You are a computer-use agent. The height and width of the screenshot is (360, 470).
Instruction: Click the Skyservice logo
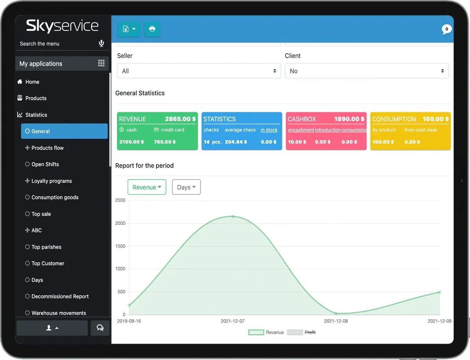[x=62, y=26]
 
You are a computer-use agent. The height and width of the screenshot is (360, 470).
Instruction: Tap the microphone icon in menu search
[x=101, y=43]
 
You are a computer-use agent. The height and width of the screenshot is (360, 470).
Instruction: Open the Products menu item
[x=36, y=98]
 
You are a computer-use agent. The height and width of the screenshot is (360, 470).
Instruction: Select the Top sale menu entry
[x=41, y=214]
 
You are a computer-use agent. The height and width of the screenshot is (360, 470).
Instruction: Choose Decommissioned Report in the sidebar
[x=60, y=297]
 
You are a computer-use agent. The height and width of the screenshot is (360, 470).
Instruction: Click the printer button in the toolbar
[x=152, y=29]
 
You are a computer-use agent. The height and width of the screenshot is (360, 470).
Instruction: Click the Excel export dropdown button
[x=129, y=29]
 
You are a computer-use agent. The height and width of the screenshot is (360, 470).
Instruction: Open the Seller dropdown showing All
[x=199, y=71]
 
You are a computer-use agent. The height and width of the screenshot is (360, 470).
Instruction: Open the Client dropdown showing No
[x=367, y=71]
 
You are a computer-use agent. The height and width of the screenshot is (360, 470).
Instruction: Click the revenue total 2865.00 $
[x=180, y=119]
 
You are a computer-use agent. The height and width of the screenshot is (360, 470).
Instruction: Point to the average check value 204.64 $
[x=236, y=142]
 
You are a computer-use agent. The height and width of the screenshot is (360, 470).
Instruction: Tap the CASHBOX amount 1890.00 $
[x=349, y=119]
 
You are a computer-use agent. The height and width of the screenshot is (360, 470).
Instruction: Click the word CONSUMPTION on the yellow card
[x=394, y=119]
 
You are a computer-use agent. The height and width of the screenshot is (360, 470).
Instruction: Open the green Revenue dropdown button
[x=147, y=187]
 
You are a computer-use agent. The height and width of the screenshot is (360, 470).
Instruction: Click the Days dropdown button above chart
[x=186, y=187]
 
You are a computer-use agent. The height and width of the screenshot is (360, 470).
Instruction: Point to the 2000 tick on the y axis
[x=120, y=223]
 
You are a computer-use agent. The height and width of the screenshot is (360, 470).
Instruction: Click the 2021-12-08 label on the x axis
[x=336, y=321]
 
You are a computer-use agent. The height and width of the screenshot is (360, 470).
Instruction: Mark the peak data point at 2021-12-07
[x=233, y=216]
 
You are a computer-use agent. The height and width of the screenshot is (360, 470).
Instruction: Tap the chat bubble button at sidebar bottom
[x=100, y=328]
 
